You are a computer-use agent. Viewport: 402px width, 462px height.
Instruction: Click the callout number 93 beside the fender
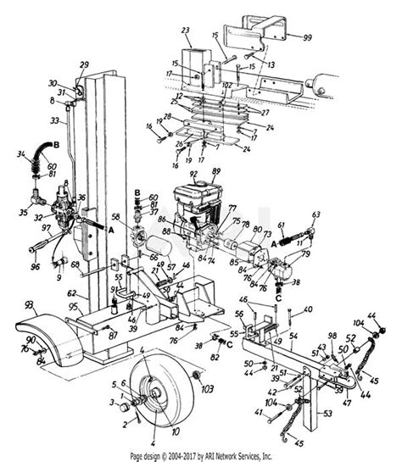point(30,305)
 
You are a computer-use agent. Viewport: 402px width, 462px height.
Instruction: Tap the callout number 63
point(316,215)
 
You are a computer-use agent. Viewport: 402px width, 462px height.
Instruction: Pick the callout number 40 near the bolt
point(307,308)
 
